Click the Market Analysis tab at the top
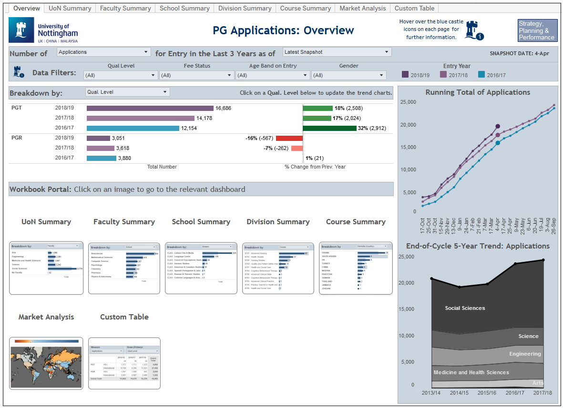(x=363, y=8)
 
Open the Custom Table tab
(x=414, y=8)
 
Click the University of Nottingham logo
(x=43, y=30)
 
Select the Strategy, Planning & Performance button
(x=537, y=30)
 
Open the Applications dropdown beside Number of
(x=103, y=52)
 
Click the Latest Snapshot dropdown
(x=337, y=52)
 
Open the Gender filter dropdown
(x=348, y=75)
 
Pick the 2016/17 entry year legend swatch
(x=481, y=74)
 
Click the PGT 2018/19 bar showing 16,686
(x=150, y=109)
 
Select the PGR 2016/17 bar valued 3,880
(x=101, y=158)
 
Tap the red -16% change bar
(x=289, y=138)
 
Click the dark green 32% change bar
(x=329, y=128)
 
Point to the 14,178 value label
(x=204, y=118)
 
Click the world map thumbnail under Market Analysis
(x=46, y=363)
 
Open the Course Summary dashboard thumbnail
(x=356, y=268)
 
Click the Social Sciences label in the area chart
(x=465, y=308)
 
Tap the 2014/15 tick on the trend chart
(x=459, y=393)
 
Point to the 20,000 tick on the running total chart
(x=408, y=125)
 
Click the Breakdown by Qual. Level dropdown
(x=127, y=92)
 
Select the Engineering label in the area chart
(x=525, y=354)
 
